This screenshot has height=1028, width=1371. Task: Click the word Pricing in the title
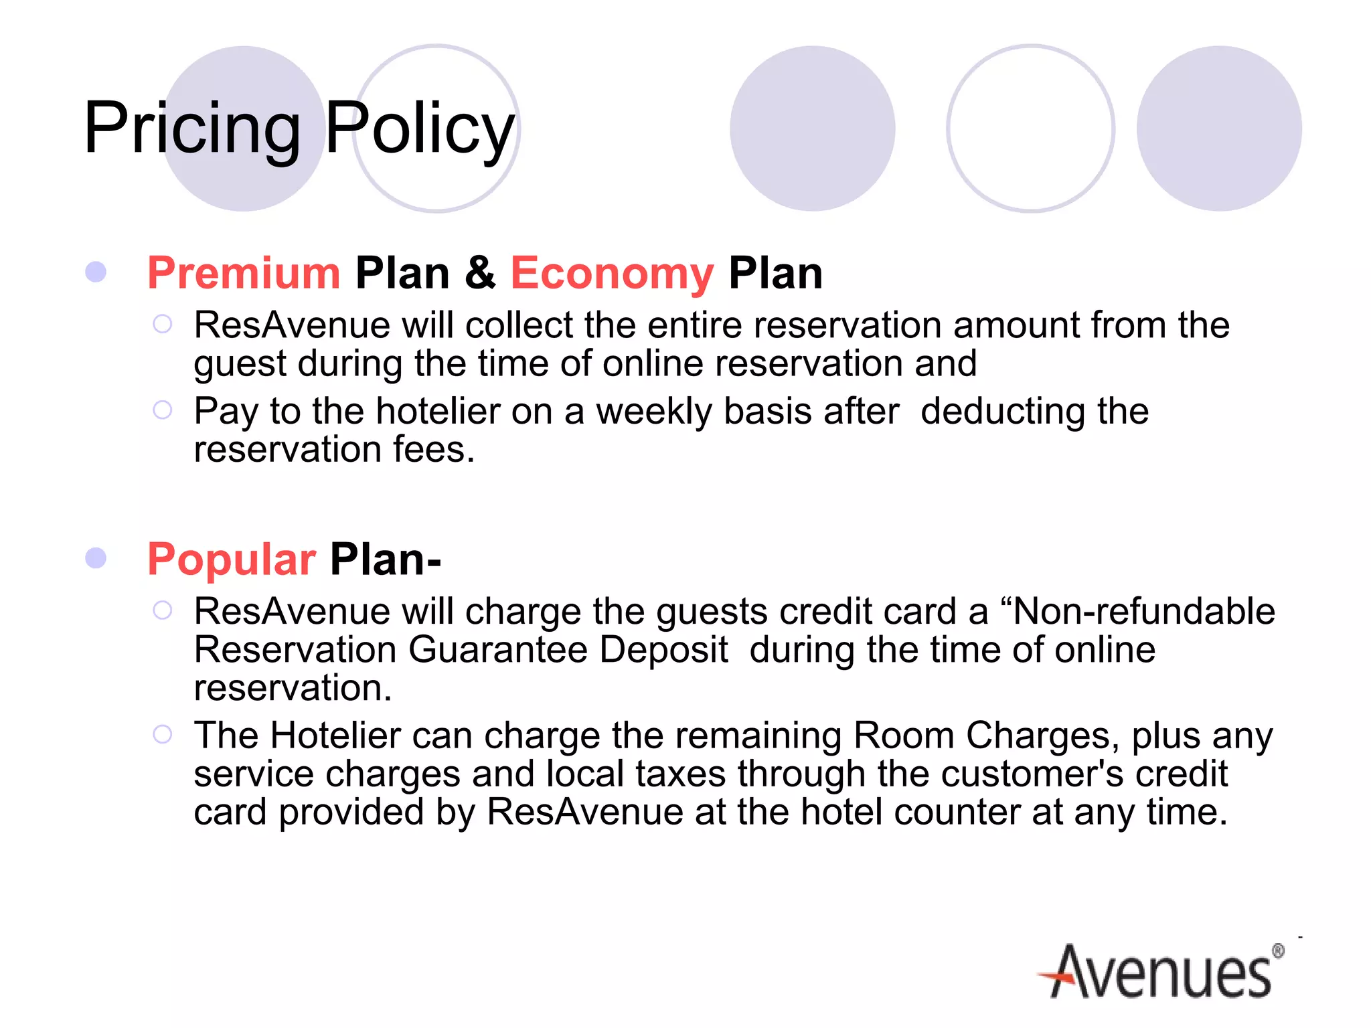tap(192, 128)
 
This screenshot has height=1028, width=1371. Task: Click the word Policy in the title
tap(420, 128)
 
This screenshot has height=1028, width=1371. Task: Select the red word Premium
tap(244, 273)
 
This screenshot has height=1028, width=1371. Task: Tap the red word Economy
tap(612, 273)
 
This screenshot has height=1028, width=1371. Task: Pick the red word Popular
tap(231, 560)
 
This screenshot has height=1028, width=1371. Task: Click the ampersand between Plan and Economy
tap(480, 273)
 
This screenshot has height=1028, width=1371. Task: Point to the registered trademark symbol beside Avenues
tap(1278, 951)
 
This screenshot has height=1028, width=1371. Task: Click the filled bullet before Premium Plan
tap(96, 272)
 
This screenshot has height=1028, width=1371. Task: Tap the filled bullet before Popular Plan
tap(96, 558)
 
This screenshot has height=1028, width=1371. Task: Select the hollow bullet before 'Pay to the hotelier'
tap(163, 410)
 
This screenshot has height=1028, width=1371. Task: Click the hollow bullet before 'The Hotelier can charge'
tap(163, 734)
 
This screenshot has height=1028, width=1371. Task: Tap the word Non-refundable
tap(1143, 611)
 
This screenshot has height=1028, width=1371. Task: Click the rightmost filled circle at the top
tap(1219, 128)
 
